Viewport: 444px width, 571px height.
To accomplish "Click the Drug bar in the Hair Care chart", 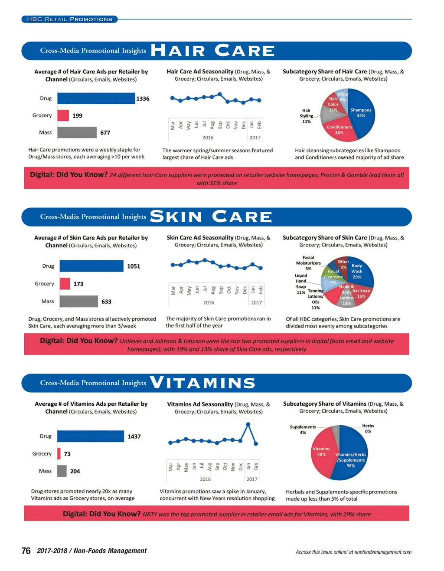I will pyautogui.click(x=96, y=98).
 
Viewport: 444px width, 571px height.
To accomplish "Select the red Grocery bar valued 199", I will pyautogui.click(x=63, y=115).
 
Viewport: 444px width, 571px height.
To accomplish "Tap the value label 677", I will pyautogui.click(x=105, y=133).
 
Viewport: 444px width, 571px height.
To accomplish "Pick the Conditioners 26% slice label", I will pyautogui.click(x=339, y=130).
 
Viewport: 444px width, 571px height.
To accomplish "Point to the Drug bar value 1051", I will pyautogui.click(x=134, y=266).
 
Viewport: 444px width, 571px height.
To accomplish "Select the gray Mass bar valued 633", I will pyautogui.click(x=78, y=302).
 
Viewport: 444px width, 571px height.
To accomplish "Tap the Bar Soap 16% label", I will pyautogui.click(x=361, y=293).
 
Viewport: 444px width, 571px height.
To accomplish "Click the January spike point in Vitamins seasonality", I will pyautogui.click(x=248, y=424).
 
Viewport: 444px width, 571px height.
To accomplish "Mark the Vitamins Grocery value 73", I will pyautogui.click(x=67, y=454).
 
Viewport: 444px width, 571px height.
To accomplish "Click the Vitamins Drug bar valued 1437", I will pyautogui.click(x=90, y=436).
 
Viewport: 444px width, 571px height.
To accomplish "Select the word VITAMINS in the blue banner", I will pyautogui.click(x=202, y=383).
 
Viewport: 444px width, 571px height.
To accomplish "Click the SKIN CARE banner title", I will pyautogui.click(x=211, y=217).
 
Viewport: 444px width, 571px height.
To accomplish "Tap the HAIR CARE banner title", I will pyautogui.click(x=212, y=51).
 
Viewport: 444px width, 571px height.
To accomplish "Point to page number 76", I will pyautogui.click(x=26, y=551).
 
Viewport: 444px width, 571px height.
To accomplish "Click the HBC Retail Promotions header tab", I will pyautogui.click(x=69, y=19).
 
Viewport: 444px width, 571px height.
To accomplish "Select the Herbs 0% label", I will pyautogui.click(x=368, y=429).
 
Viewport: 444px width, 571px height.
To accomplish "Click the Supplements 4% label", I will pyautogui.click(x=303, y=430).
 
